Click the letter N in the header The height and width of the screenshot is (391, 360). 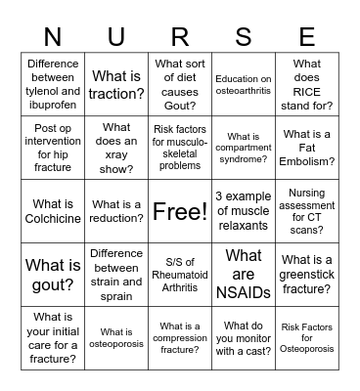52,37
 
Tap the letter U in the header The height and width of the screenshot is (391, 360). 116,37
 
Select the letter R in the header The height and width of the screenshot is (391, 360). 180,37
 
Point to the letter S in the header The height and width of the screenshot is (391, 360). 244,37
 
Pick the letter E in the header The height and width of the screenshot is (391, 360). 307,37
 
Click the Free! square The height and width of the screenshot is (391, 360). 180,211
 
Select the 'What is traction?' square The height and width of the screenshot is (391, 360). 116,85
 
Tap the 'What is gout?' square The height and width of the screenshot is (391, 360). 53,274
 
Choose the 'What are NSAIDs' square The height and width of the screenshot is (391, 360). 244,274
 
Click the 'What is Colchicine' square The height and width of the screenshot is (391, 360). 53,211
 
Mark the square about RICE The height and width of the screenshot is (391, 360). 307,85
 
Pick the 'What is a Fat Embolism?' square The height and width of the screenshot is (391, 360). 307,148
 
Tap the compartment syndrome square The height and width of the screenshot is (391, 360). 244,148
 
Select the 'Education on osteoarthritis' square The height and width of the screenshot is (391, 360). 244,85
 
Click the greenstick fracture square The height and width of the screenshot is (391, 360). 307,274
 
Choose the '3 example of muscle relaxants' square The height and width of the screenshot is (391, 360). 244,211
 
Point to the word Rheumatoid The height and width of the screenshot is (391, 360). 180,274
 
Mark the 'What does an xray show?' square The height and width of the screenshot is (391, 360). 116,148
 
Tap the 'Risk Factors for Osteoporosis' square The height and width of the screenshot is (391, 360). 307,337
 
